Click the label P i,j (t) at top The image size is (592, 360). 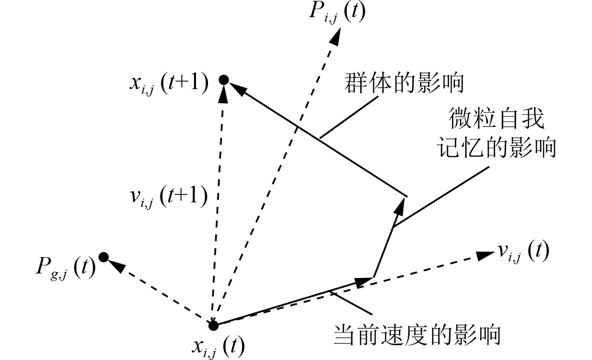[x=337, y=13]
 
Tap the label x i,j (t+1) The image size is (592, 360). [x=169, y=83]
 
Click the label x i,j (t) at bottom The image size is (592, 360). [x=219, y=345]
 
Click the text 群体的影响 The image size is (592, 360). [x=404, y=83]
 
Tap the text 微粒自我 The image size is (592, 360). [x=497, y=120]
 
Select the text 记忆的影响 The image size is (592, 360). [x=497, y=148]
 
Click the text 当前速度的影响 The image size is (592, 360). [x=417, y=335]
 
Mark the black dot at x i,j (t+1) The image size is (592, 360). [x=224, y=79]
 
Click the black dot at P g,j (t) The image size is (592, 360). [x=104, y=257]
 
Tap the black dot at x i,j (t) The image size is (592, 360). [x=213, y=324]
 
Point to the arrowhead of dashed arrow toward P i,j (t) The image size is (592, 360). [x=335, y=38]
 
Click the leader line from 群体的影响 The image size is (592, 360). [x=349, y=117]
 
